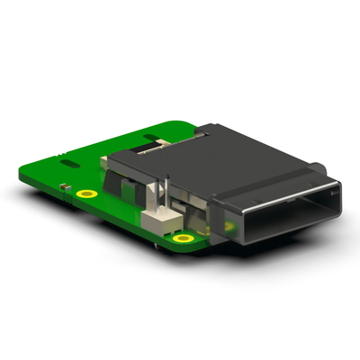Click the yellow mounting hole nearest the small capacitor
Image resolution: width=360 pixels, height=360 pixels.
click(x=86, y=193)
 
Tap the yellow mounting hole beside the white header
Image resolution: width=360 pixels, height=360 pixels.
click(x=184, y=238)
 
